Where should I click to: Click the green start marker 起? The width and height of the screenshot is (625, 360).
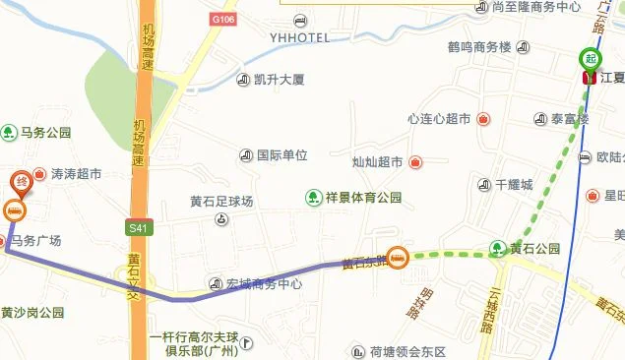(x=591, y=57)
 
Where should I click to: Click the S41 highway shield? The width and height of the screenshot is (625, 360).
(x=141, y=228)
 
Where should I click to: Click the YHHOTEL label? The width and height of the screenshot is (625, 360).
(x=298, y=36)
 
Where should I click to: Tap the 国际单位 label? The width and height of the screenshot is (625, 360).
(x=282, y=155)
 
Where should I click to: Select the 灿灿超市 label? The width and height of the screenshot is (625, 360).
(x=378, y=162)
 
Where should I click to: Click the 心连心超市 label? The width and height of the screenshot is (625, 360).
(x=439, y=119)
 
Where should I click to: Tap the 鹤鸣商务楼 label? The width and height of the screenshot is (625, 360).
(x=479, y=46)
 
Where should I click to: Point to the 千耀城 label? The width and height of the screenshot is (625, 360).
(x=513, y=184)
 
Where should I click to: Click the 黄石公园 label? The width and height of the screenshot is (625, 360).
(x=534, y=249)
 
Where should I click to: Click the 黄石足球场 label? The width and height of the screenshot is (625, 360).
(x=221, y=202)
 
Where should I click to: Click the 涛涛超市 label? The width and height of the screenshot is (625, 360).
(x=77, y=174)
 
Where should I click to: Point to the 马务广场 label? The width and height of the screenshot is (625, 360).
(x=42, y=241)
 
